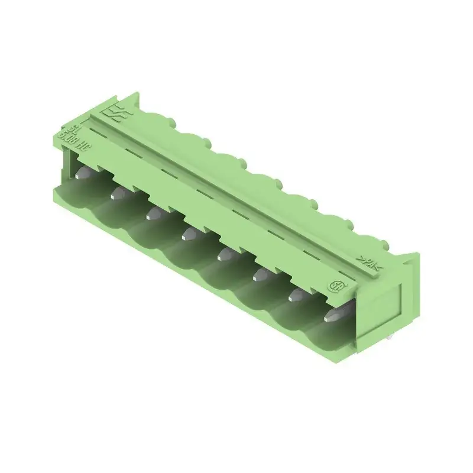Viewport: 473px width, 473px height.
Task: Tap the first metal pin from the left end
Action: pos(85,172)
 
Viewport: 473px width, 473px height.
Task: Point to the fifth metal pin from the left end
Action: pos(226,253)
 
